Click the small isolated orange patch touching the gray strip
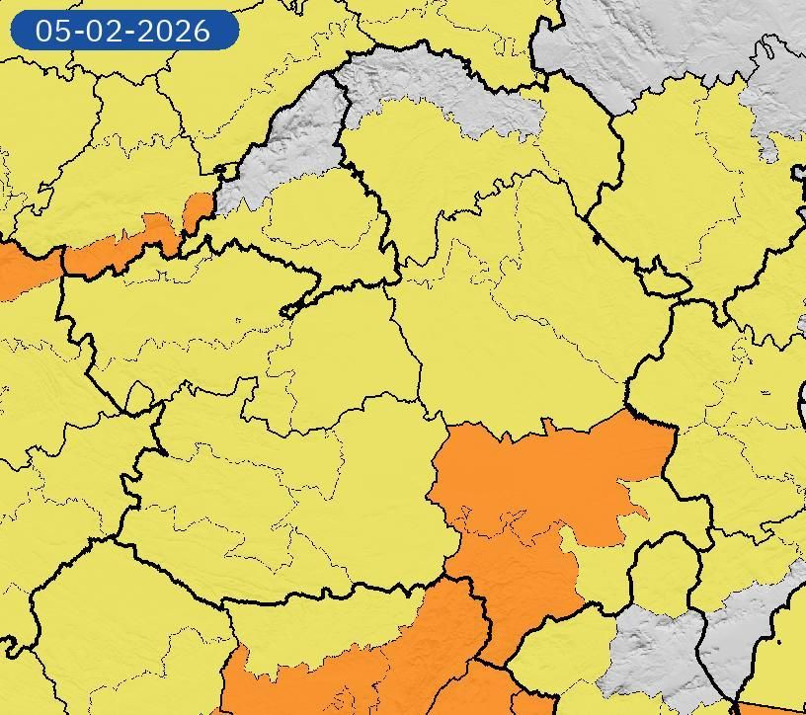click(x=199, y=209)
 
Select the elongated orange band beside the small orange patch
click(x=119, y=247)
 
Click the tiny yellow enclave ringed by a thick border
click(x=665, y=284)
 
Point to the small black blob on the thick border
click(x=596, y=238)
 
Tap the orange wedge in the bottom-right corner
click(x=775, y=709)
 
